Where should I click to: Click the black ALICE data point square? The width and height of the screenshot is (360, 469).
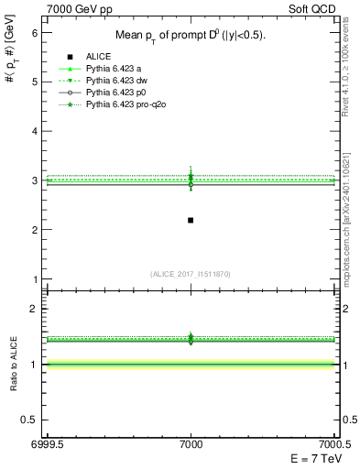(191, 220)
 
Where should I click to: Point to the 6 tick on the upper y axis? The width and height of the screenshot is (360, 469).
(35, 32)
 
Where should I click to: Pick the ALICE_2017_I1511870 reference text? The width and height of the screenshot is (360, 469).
(190, 275)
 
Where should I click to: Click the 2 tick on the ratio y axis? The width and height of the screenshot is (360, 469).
(35, 309)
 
